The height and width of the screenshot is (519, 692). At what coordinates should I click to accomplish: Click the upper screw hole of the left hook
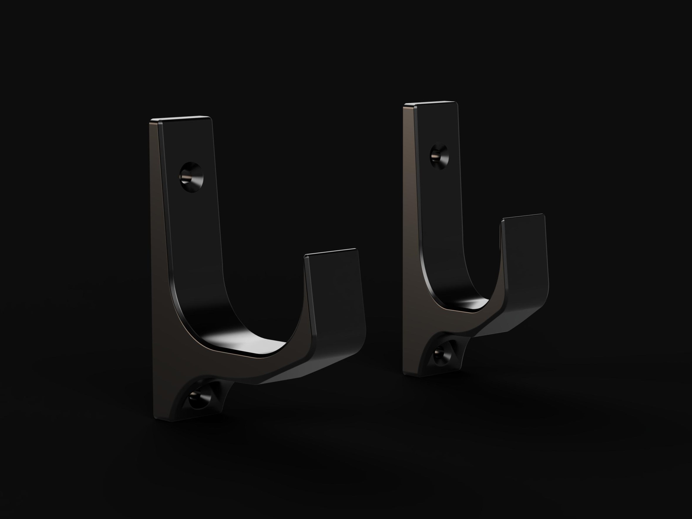191,177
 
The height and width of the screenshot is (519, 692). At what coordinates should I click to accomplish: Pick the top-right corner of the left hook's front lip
356,250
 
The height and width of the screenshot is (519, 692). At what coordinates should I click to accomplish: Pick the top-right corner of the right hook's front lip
543,215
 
